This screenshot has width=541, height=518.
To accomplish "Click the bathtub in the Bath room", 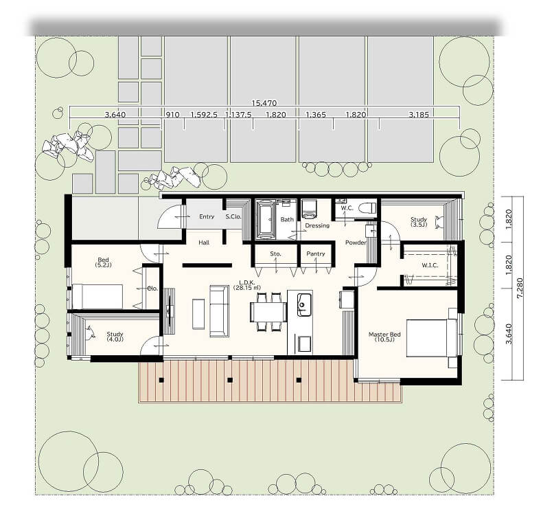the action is (265, 219).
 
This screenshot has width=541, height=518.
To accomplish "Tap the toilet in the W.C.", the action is (367, 208).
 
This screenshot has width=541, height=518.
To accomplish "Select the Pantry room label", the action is (316, 254).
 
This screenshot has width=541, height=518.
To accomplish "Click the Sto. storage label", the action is (275, 254).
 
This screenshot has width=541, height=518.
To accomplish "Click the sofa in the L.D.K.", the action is (219, 311).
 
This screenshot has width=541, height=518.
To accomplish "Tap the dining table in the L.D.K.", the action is (268, 312).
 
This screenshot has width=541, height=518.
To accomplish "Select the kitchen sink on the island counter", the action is (304, 304).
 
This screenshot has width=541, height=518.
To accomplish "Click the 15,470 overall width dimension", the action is (264, 103).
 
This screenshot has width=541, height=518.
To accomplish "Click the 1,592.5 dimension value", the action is (204, 114).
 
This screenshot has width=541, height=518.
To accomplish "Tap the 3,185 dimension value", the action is (419, 114).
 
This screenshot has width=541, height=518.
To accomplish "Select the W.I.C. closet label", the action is (430, 265).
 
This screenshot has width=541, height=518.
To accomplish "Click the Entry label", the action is (207, 216).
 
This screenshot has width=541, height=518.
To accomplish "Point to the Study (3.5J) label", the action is (419, 222).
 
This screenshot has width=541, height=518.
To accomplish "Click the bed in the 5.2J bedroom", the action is (97, 297).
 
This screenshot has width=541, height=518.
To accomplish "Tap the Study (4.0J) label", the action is (115, 337).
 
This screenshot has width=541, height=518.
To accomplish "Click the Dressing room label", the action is (317, 225).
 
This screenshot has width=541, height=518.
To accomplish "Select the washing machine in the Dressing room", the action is (309, 209).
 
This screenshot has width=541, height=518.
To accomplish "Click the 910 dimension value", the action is (172, 114).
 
